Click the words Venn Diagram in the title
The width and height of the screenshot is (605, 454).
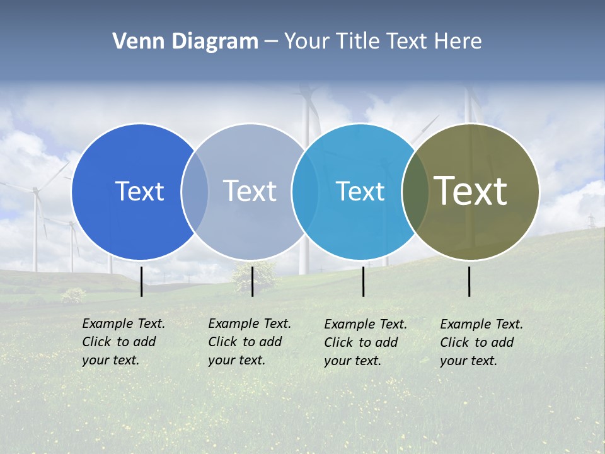pyautogui.click(x=185, y=42)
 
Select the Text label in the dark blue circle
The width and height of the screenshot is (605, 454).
pyautogui.click(x=139, y=191)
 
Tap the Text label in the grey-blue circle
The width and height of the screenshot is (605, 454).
pyautogui.click(x=250, y=191)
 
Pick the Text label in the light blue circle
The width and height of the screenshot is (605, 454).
pyautogui.click(x=360, y=191)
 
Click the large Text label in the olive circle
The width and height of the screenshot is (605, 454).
pyautogui.click(x=471, y=190)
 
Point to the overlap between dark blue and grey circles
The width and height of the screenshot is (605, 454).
pyautogui.click(x=195, y=192)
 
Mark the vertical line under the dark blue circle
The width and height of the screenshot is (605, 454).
pyautogui.click(x=142, y=281)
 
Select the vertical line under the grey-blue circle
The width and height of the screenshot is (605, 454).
pyautogui.click(x=252, y=281)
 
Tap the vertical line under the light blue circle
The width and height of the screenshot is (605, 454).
pyautogui.click(x=364, y=281)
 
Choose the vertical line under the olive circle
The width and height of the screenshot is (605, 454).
pyautogui.click(x=470, y=281)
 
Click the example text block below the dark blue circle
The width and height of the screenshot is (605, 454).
pyautogui.click(x=124, y=342)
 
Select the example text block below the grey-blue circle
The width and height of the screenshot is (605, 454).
pyautogui.click(x=250, y=342)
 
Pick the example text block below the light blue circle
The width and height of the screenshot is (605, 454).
pyautogui.click(x=366, y=342)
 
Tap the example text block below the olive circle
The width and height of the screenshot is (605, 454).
pyautogui.click(x=481, y=342)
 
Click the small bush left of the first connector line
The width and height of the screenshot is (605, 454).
pyautogui.click(x=74, y=294)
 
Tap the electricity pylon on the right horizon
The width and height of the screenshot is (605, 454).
pyautogui.click(x=591, y=221)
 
